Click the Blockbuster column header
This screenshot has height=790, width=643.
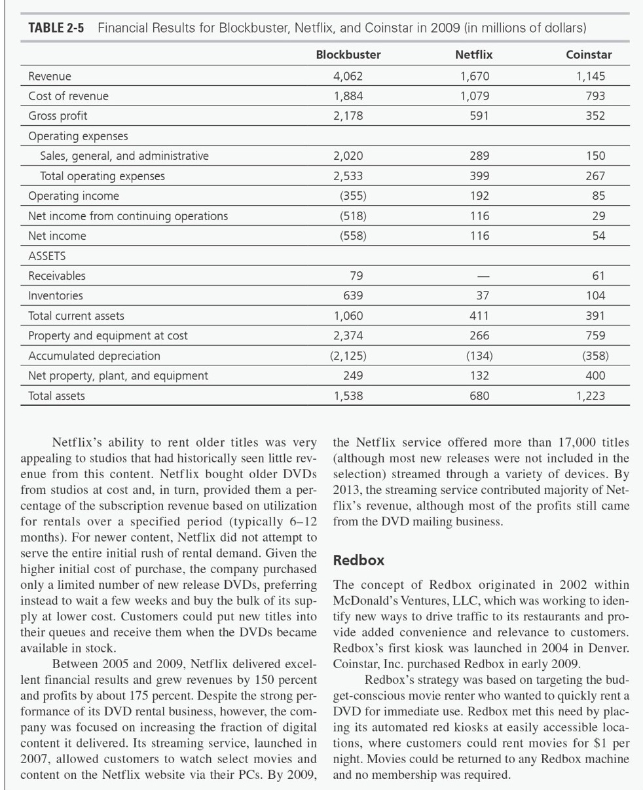click(x=348, y=54)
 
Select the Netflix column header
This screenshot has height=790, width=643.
click(x=473, y=54)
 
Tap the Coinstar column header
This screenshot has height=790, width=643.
click(x=589, y=54)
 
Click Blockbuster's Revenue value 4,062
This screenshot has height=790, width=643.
click(x=348, y=76)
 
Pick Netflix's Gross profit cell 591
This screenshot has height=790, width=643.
click(x=479, y=116)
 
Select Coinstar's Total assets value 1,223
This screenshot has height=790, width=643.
click(x=591, y=396)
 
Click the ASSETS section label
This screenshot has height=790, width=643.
click(x=46, y=255)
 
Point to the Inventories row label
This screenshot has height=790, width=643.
click(x=55, y=296)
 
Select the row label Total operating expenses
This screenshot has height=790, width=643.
click(x=102, y=176)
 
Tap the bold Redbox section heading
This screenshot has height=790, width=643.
click(x=359, y=561)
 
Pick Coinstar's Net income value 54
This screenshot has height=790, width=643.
click(x=598, y=236)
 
